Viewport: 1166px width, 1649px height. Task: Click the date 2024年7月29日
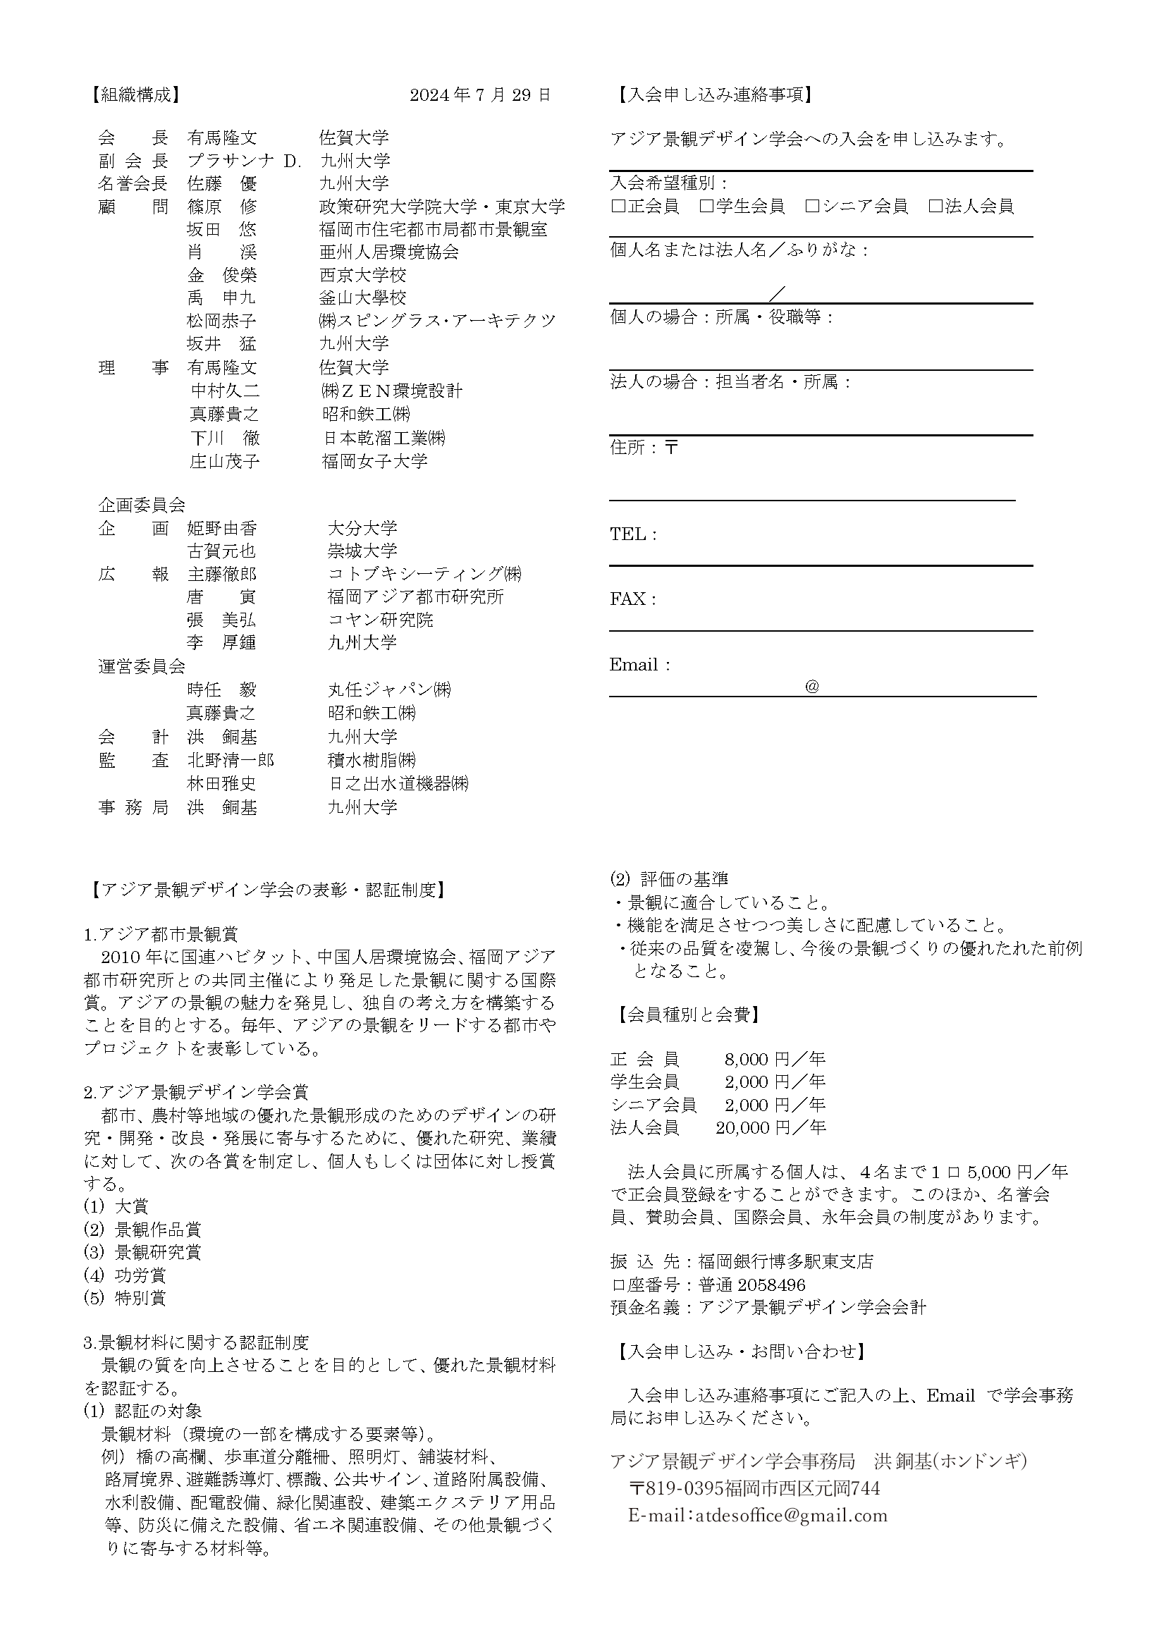tap(480, 94)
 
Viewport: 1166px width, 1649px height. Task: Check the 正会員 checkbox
tap(618, 207)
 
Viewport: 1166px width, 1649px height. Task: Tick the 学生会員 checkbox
tap(706, 207)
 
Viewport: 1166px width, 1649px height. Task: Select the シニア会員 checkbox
tap(812, 207)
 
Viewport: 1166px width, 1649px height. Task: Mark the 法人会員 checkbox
tap(935, 207)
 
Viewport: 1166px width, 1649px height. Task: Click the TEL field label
tap(632, 534)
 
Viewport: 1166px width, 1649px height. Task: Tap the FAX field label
tap(632, 599)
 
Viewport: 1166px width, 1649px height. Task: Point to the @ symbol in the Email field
tap(812, 687)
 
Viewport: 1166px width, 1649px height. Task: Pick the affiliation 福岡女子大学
tap(374, 461)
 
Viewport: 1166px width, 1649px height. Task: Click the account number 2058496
tap(771, 1285)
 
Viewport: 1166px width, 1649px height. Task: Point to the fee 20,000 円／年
tap(771, 1127)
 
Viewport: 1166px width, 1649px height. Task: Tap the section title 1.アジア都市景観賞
tap(161, 934)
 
